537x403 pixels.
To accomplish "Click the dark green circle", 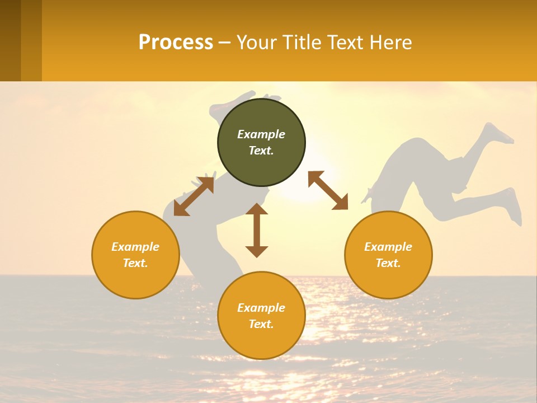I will pos(261,143).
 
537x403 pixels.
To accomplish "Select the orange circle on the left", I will pos(135,255).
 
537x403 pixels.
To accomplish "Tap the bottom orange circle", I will pos(261,315).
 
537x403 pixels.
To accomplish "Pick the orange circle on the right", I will pos(388,255).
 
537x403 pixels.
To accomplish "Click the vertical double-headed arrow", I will pos(257,230).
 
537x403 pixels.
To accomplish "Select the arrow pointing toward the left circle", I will pos(194,196).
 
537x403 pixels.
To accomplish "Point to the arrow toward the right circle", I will pos(328,190).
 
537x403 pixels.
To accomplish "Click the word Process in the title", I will pos(176,42).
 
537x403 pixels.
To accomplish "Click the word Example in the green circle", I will pos(261,134).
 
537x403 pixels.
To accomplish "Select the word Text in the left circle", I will pos(135,263).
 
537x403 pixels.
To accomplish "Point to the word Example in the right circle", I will pos(388,247).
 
